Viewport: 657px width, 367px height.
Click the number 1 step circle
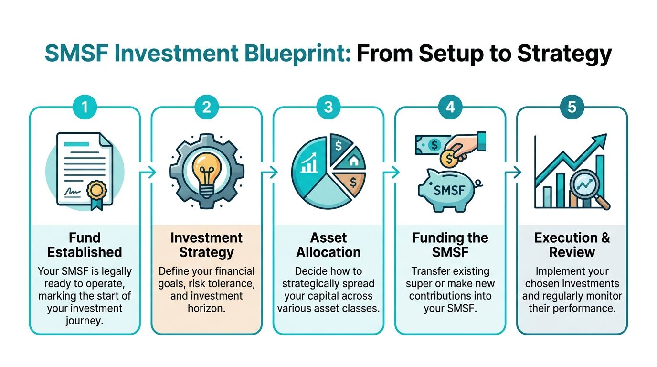(x=85, y=107)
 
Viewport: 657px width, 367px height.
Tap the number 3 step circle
(x=328, y=107)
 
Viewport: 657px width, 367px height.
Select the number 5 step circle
(x=572, y=107)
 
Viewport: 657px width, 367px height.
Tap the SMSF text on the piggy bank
(x=449, y=190)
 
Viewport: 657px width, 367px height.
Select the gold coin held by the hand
(x=448, y=158)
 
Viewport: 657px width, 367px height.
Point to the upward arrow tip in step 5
(x=603, y=139)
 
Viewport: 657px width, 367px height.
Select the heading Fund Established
(x=85, y=245)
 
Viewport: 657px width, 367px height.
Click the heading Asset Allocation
(x=328, y=245)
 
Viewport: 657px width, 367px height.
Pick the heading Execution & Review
(x=572, y=245)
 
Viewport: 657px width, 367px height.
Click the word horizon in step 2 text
(x=206, y=308)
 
